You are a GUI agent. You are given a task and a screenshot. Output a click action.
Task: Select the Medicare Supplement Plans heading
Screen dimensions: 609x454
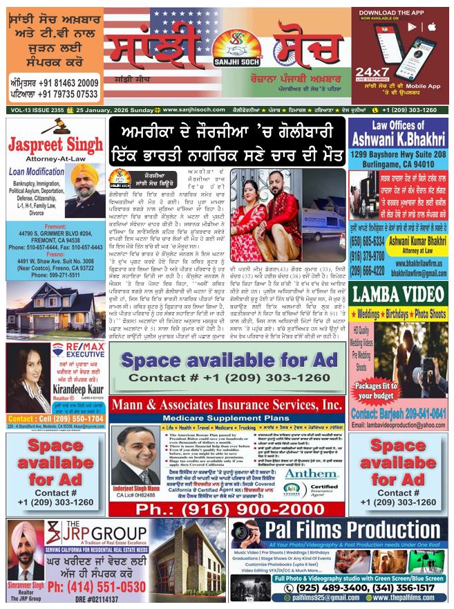pos(226,419)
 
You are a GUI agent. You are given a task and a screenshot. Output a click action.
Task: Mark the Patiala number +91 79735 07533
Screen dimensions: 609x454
pos(53,93)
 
